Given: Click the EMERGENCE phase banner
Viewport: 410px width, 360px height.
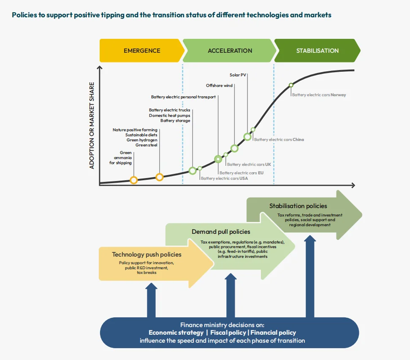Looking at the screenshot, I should pyautogui.click(x=142, y=51).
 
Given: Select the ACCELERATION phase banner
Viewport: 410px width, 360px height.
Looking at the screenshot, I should pyautogui.click(x=230, y=51).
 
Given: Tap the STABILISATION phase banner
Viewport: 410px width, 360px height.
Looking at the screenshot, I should pyautogui.click(x=317, y=51).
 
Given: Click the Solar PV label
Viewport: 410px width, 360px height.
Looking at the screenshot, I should pyautogui.click(x=238, y=75).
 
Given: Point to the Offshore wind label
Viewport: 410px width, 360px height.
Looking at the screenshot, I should pyautogui.click(x=219, y=86).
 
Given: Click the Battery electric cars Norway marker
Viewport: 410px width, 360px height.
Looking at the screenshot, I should pyautogui.click(x=291, y=85).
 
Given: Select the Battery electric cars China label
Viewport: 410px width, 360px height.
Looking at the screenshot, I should pyautogui.click(x=279, y=140).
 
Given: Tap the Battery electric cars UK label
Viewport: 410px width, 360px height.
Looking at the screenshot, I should pyautogui.click(x=249, y=165).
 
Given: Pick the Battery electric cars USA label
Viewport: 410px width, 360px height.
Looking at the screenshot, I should pyautogui.click(x=224, y=179).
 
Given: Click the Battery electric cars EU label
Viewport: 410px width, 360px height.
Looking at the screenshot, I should pyautogui.click(x=241, y=173).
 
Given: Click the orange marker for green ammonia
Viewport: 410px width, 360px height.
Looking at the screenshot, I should pyautogui.click(x=134, y=180).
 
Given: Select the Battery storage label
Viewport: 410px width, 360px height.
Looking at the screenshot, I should pyautogui.click(x=175, y=121).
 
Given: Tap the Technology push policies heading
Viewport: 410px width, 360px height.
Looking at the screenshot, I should pyautogui.click(x=147, y=254).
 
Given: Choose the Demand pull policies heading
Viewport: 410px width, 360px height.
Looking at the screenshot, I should pyautogui.click(x=221, y=232).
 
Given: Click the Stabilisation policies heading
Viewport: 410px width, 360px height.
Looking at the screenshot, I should pyautogui.click(x=298, y=206).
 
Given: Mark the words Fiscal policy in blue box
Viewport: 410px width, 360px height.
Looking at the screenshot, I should pyautogui.click(x=228, y=333).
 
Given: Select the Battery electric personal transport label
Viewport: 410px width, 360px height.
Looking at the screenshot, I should pyautogui.click(x=183, y=97).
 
